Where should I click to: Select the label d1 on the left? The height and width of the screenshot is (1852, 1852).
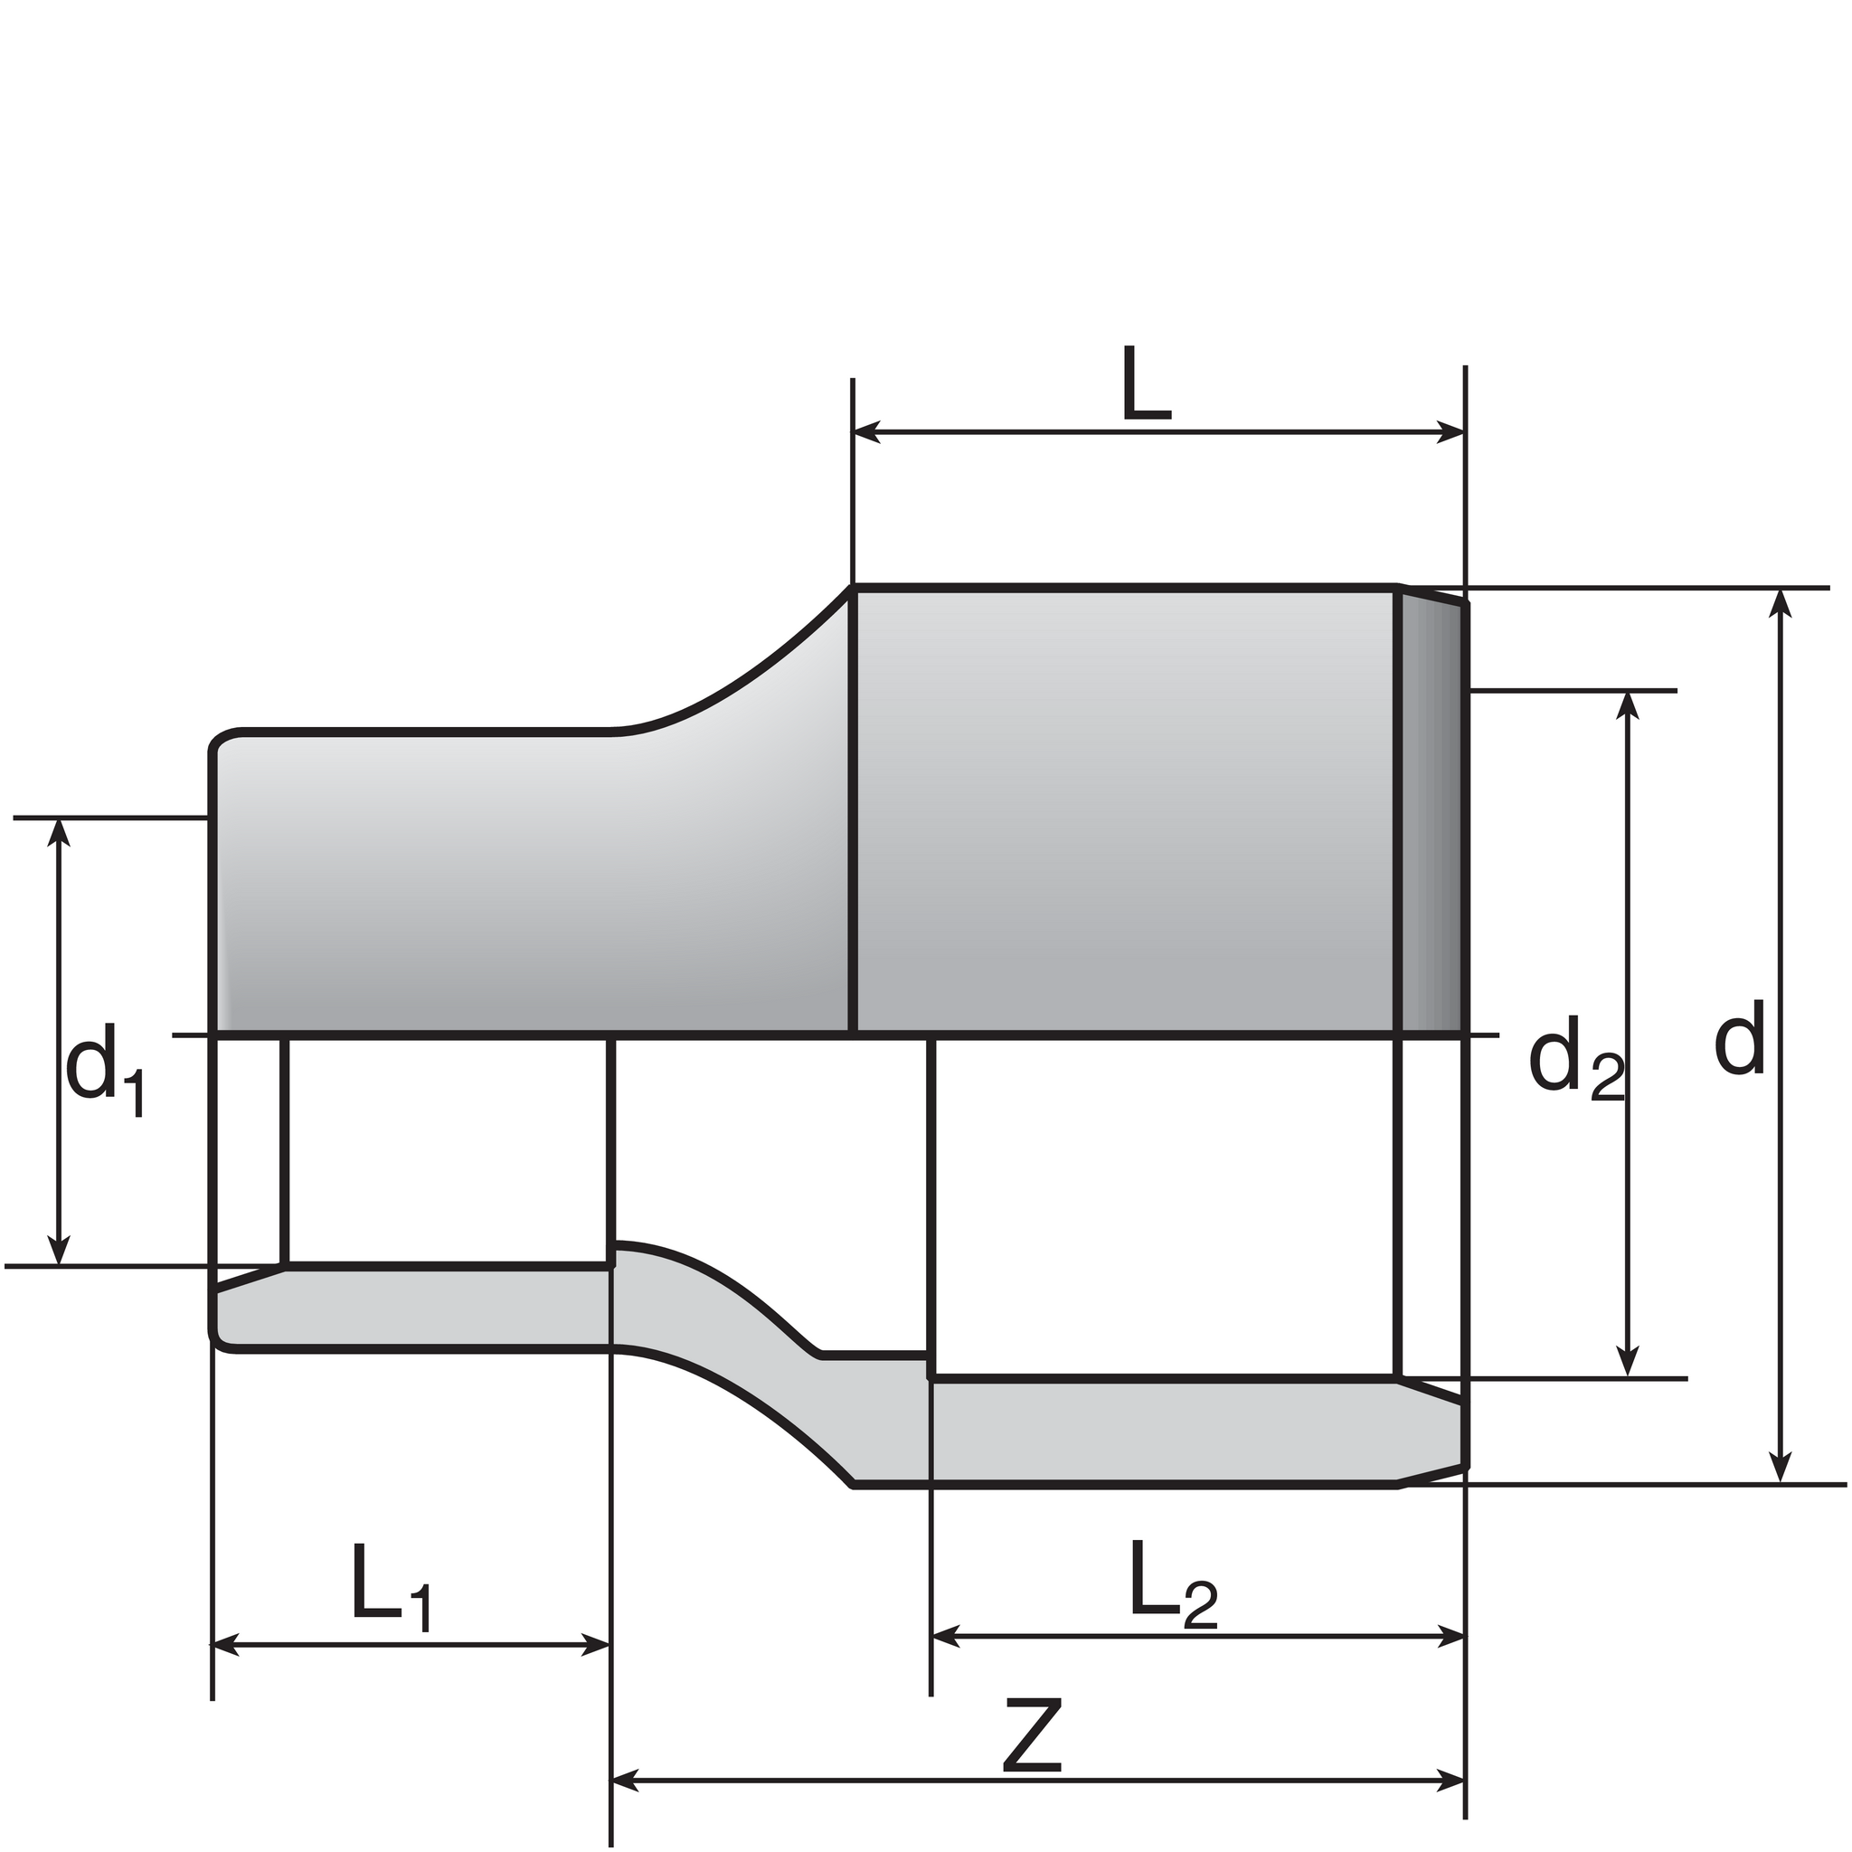[105, 1068]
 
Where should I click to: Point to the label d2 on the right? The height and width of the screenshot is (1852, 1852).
[1576, 1065]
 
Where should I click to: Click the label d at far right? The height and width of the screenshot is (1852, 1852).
[1739, 1036]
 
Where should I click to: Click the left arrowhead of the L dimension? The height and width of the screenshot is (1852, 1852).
[866, 432]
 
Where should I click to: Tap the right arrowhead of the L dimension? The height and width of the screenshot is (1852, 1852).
[1450, 432]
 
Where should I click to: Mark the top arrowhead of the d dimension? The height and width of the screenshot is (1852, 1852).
[1780, 604]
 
